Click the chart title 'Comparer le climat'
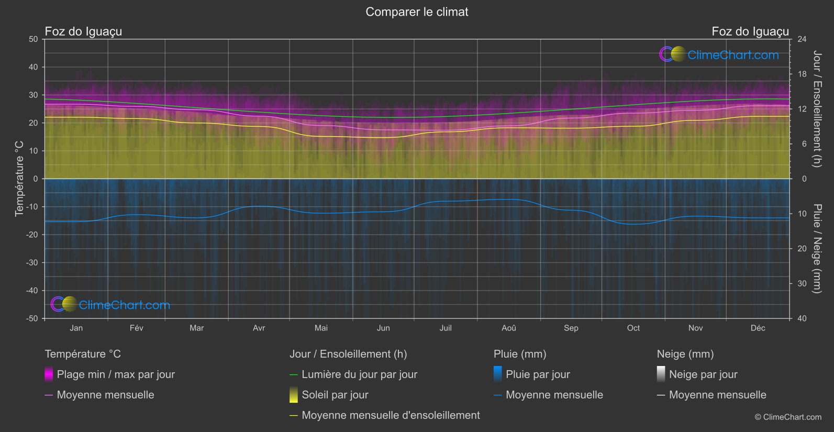pos(417,12)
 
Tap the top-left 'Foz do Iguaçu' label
pos(83,31)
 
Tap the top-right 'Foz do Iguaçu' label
pos(750,31)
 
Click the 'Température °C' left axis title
pos(19,179)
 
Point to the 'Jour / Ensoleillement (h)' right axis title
pos(817,109)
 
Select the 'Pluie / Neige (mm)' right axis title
pos(817,249)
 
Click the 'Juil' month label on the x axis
pos(446,328)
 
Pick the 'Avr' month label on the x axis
pos(259,328)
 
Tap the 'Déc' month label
pos(758,328)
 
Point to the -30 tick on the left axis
pos(32,263)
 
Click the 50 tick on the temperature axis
pos(34,39)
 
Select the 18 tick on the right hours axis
pos(802,74)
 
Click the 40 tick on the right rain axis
pos(802,318)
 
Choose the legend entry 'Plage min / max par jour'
pos(116,374)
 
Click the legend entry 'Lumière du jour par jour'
pos(359,374)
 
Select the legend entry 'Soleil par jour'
pos(335,395)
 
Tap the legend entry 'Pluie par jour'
pos(538,374)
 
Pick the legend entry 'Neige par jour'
pos(703,374)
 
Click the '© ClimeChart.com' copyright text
pos(788,417)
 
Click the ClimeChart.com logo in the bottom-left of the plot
pos(110,305)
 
